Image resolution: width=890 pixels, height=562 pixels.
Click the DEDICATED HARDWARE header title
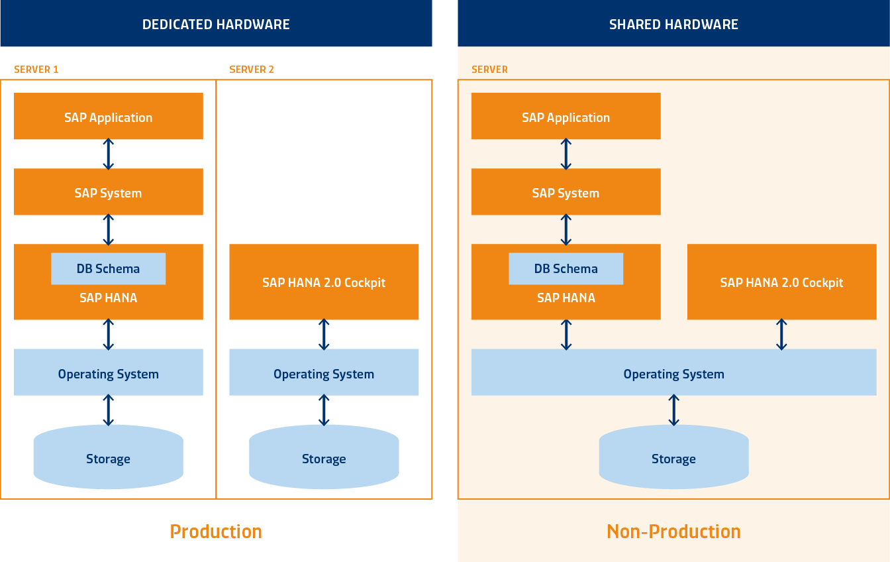(216, 25)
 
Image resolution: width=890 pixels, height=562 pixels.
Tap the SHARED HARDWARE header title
(673, 25)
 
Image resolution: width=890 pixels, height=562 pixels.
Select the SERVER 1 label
(36, 70)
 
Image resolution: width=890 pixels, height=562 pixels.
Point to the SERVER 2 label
(252, 70)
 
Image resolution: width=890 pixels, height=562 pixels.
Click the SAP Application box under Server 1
(108, 117)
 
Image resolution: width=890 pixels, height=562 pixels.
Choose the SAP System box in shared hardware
(566, 192)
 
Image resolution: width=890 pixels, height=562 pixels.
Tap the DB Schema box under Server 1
(108, 268)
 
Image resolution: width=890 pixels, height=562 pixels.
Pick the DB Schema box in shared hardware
(566, 268)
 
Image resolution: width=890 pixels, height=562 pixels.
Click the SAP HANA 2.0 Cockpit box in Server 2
(324, 282)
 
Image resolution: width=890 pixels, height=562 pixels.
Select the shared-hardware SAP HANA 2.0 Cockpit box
(781, 282)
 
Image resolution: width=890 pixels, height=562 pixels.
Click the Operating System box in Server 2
(324, 373)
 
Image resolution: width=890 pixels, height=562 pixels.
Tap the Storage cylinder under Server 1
(108, 458)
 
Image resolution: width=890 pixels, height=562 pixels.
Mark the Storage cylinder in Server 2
(324, 458)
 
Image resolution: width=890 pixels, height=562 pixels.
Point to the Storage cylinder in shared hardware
(673, 458)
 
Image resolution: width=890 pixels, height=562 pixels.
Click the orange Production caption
(216, 532)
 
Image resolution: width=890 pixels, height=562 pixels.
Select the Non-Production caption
(673, 532)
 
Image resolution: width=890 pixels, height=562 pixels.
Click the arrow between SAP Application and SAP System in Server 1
(109, 154)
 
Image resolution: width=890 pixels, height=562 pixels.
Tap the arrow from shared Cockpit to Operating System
(781, 334)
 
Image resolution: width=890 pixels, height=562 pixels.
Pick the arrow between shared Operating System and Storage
(673, 410)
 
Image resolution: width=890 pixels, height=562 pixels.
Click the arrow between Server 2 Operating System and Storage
(324, 410)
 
